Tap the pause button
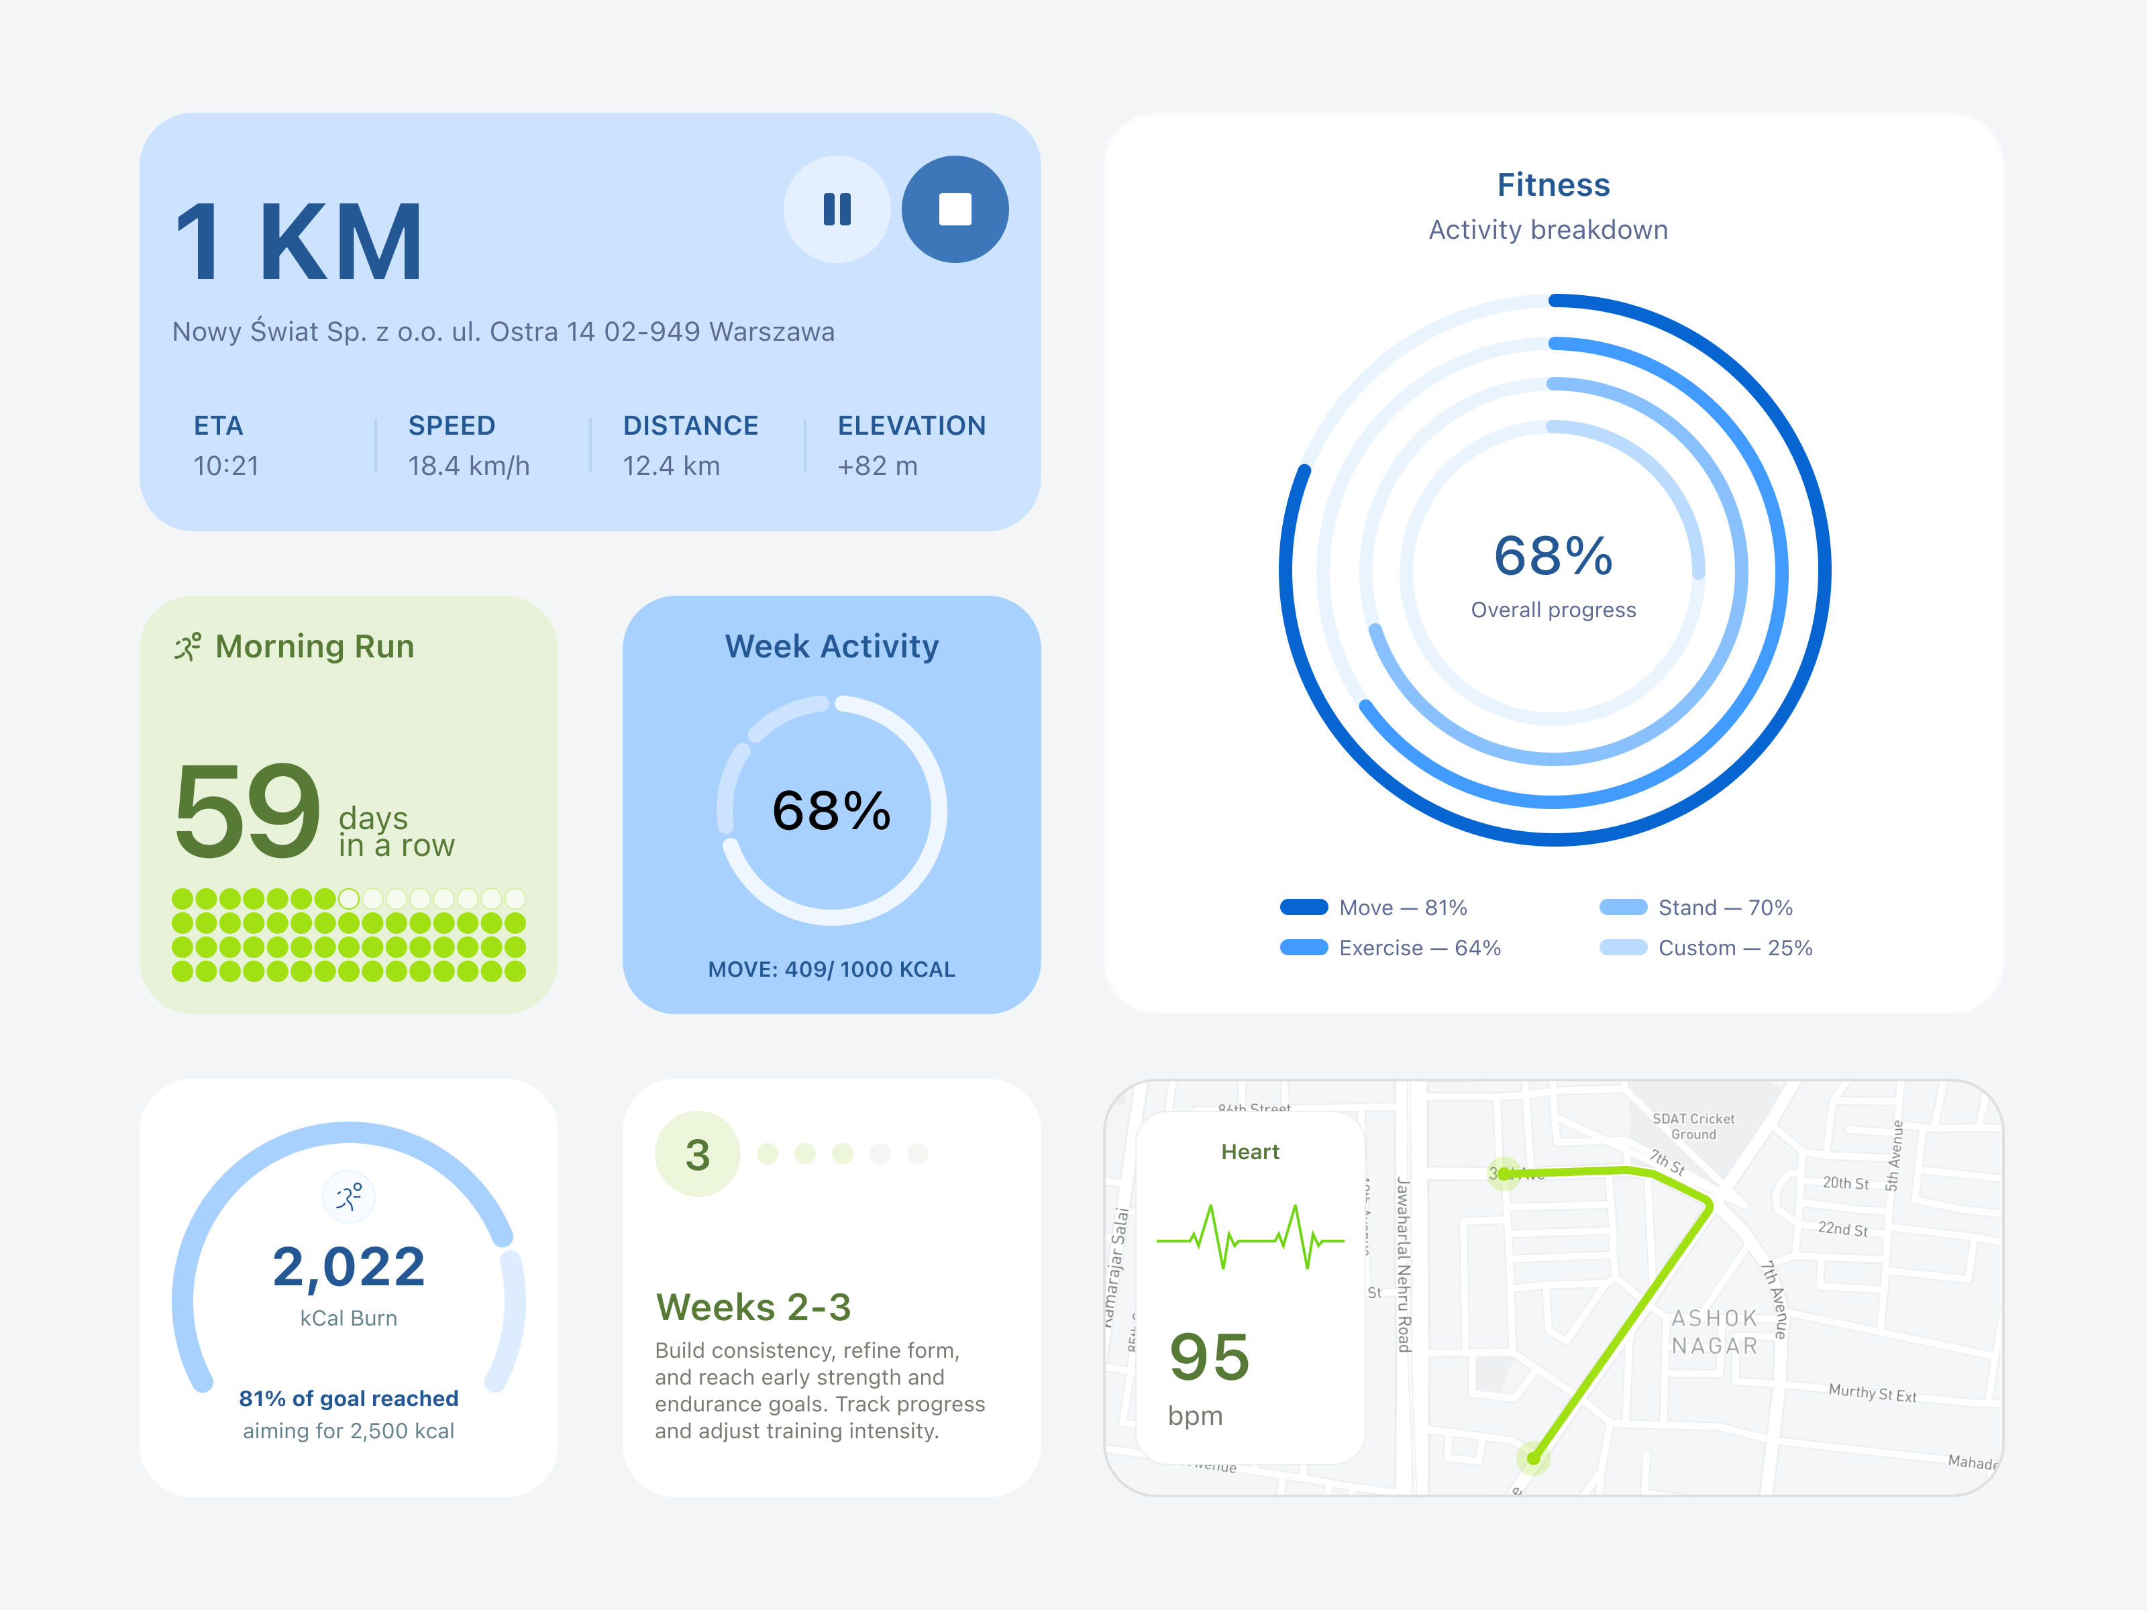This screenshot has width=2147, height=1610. coord(837,209)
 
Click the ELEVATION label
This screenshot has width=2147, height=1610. coord(910,425)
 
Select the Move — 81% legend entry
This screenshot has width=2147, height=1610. coord(1373,908)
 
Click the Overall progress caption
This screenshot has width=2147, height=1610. coord(1553,609)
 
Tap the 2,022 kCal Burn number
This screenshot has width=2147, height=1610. coord(348,1267)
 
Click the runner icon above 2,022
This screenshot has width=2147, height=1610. coord(348,1197)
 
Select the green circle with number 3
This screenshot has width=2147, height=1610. coord(697,1154)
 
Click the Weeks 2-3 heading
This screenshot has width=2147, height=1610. coord(753,1307)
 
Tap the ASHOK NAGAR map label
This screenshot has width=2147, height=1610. coord(1714,1332)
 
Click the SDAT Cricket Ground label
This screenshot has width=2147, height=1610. coord(1693,1126)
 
